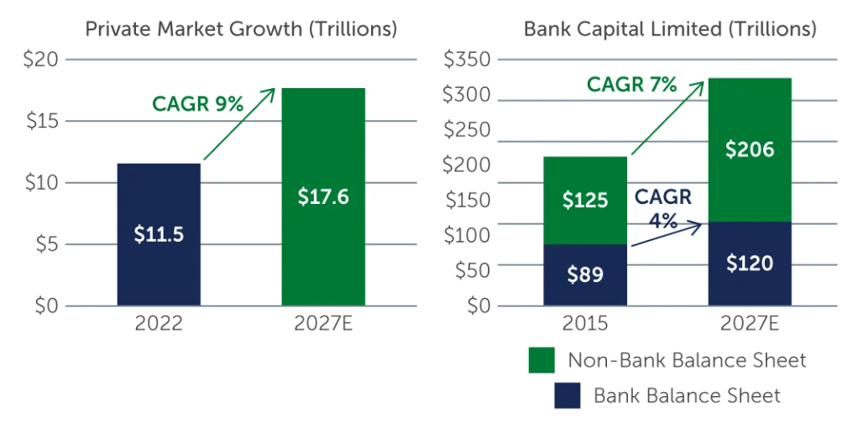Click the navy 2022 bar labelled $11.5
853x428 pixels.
(159, 234)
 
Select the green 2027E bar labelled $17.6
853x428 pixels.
(323, 196)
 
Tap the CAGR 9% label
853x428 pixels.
(197, 104)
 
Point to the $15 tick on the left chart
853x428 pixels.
(41, 121)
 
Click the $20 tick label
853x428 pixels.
(41, 60)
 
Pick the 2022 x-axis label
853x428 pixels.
(159, 324)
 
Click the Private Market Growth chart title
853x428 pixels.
(241, 29)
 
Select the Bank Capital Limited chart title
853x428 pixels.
(669, 29)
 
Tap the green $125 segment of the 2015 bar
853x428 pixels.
(584, 201)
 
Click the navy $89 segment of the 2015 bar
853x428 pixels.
(584, 274)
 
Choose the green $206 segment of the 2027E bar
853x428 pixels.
(750, 150)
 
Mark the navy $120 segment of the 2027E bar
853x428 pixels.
(750, 264)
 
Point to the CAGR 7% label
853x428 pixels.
(631, 84)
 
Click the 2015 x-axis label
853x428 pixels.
(584, 324)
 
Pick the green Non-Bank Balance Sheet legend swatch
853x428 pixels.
(542, 361)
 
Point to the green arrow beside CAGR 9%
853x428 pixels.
(238, 123)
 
